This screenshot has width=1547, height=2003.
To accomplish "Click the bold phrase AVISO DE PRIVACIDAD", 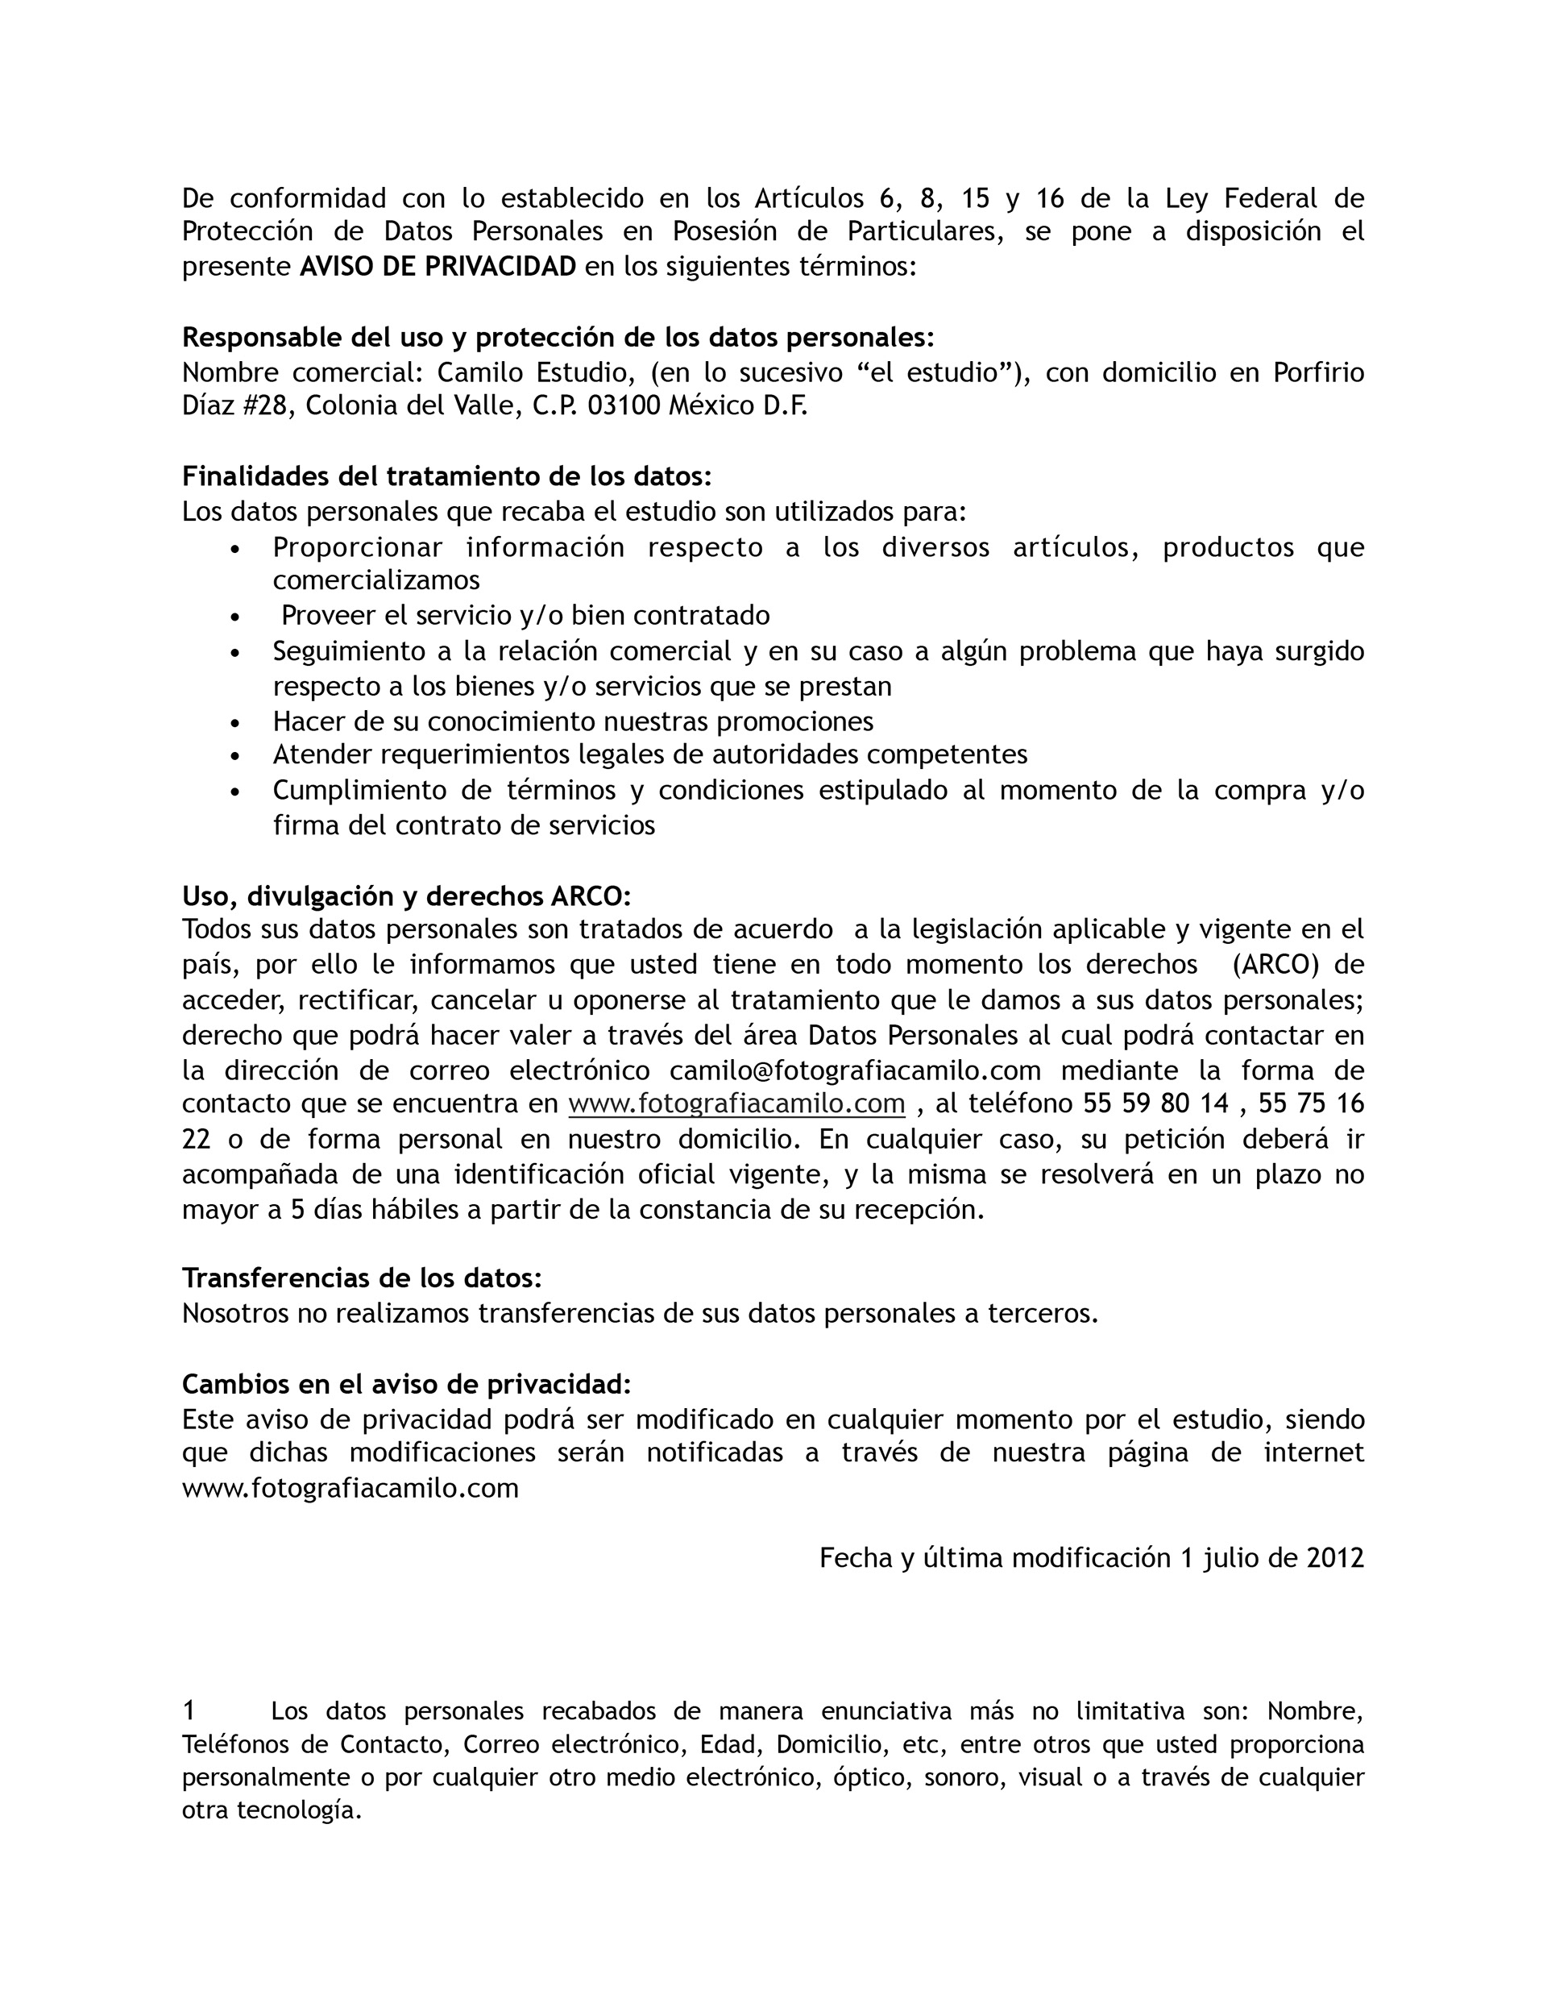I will click(x=438, y=266).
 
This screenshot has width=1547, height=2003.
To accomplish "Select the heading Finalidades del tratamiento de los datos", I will click(x=446, y=476).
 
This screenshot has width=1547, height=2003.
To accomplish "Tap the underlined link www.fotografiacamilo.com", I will click(x=736, y=1103).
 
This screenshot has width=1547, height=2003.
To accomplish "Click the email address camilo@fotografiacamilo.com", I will click(x=855, y=1070).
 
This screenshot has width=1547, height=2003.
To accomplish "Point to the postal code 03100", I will click(x=624, y=405).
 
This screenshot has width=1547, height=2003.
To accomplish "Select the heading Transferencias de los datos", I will click(x=361, y=1278).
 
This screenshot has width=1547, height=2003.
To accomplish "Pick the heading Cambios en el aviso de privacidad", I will click(x=406, y=1383).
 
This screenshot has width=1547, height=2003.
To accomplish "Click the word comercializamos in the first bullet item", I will click(x=376, y=580).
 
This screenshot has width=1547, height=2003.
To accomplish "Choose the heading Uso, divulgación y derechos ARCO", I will click(x=406, y=896).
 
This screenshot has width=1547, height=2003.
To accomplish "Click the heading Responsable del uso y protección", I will click(x=558, y=338).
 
